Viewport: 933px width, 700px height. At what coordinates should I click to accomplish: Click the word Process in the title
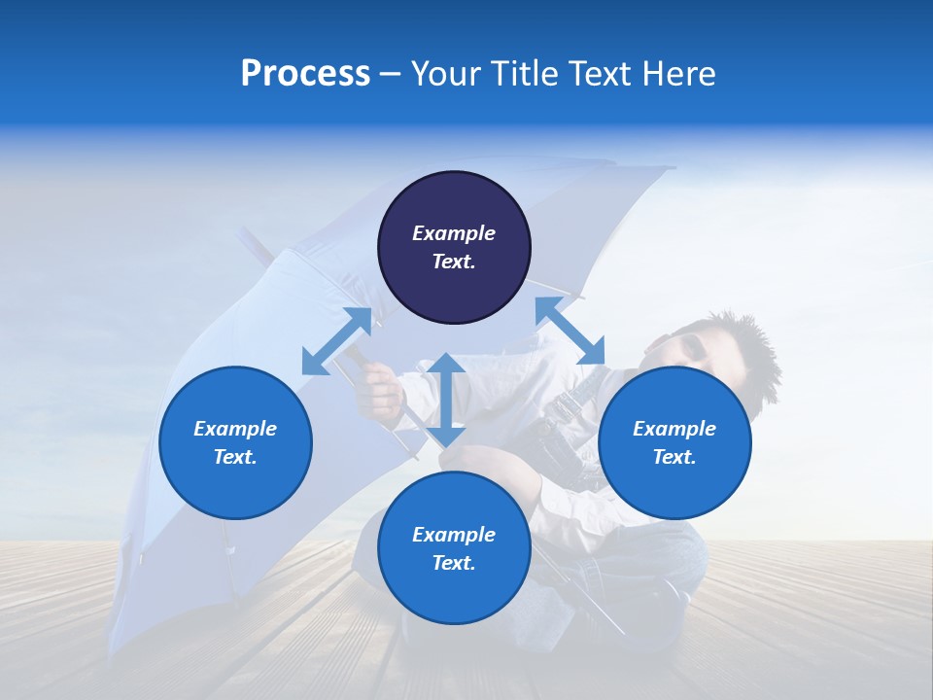coord(305,74)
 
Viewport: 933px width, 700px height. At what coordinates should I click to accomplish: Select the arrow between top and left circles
coord(336,341)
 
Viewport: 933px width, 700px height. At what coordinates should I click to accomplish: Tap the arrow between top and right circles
coord(570,332)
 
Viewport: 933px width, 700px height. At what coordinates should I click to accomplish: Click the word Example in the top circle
coord(454,233)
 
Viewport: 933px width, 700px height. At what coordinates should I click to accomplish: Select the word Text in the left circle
coord(235,457)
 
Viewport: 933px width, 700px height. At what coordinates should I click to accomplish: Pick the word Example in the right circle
coord(674,429)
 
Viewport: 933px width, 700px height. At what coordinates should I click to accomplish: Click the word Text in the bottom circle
coord(454,563)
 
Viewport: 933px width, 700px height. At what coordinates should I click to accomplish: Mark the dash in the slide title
coord(391,75)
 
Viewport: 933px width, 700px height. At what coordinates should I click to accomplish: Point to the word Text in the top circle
coord(454,262)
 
